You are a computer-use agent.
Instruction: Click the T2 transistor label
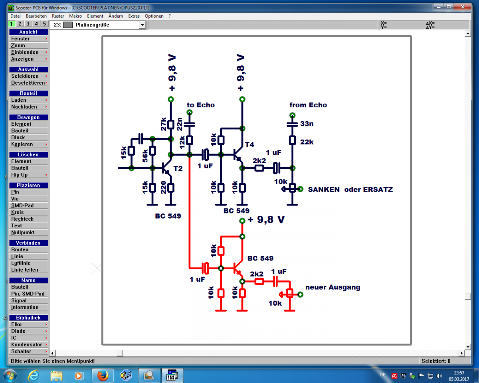click(x=178, y=169)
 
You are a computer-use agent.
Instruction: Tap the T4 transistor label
click(x=249, y=144)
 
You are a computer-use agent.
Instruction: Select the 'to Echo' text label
click(x=201, y=105)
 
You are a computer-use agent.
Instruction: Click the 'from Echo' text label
click(x=308, y=105)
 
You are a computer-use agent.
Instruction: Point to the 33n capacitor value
click(x=307, y=124)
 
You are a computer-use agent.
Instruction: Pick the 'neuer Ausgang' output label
click(x=333, y=287)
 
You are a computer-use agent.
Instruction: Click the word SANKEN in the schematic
click(x=324, y=190)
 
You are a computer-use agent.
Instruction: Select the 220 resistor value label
click(x=163, y=187)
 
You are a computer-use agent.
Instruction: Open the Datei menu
click(x=16, y=16)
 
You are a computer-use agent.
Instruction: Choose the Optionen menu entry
click(x=154, y=16)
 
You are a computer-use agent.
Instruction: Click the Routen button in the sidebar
click(x=20, y=250)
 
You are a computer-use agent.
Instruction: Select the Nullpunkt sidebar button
click(x=23, y=232)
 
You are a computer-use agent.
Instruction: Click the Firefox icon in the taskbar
click(x=103, y=375)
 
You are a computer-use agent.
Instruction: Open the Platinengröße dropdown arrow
click(x=142, y=25)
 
